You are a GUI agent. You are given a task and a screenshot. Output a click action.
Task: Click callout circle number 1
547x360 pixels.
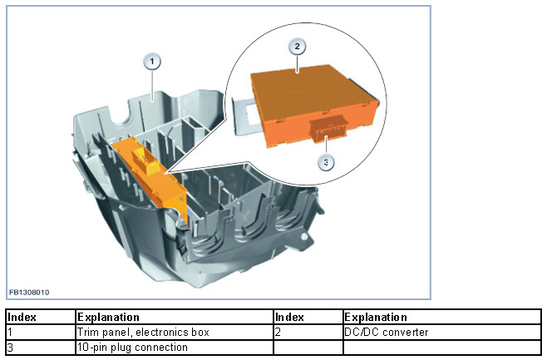coord(151,61)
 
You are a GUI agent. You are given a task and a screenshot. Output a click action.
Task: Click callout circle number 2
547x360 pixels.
coord(296,47)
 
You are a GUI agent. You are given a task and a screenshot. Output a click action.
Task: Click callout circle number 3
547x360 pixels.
coord(327,162)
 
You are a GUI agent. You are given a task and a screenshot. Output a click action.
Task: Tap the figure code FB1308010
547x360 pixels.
coord(29,292)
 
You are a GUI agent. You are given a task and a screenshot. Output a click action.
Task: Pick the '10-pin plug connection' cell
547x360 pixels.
coord(132,347)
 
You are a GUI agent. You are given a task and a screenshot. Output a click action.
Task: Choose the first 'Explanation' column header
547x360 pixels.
coord(108,318)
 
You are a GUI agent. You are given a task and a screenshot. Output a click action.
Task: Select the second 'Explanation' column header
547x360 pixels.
coord(376,318)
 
